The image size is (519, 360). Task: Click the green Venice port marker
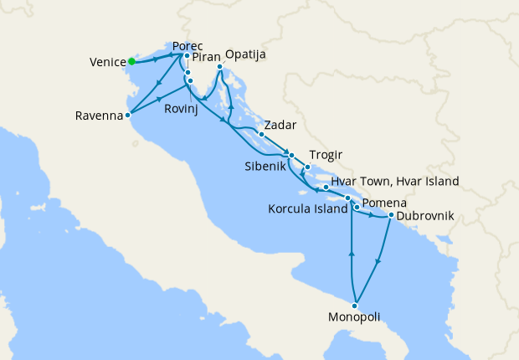coord(132,61)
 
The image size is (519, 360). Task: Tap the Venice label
coord(106,62)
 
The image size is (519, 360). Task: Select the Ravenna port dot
coord(127,116)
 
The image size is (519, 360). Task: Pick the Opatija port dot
coord(219,66)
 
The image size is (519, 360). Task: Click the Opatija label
coord(245,54)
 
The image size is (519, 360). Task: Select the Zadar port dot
coord(261,134)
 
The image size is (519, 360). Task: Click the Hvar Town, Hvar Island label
coord(395,181)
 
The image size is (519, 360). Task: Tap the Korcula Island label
coord(308,208)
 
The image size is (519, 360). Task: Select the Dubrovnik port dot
coord(391,215)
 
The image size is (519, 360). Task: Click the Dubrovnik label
coord(425,216)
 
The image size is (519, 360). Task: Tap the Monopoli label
coord(355,317)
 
